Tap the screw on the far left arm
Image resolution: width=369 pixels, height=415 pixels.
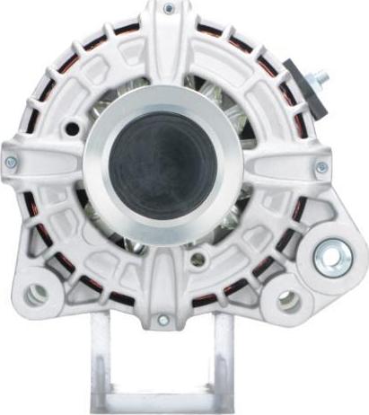(11, 162)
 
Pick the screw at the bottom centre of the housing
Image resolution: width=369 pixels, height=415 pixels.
(163, 320)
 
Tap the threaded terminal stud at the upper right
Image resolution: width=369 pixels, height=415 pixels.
(318, 80)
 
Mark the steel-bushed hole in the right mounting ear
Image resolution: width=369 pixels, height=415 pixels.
(329, 258)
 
